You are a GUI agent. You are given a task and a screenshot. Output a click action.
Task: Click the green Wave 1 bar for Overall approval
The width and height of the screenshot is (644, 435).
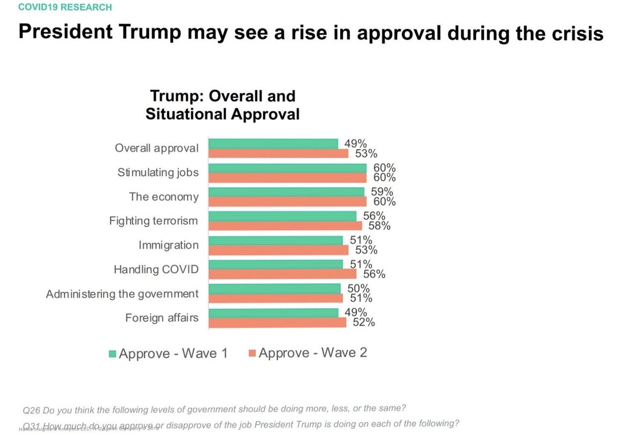pyautogui.click(x=273, y=144)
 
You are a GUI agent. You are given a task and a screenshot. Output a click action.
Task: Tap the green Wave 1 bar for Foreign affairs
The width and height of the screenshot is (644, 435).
pyautogui.click(x=273, y=313)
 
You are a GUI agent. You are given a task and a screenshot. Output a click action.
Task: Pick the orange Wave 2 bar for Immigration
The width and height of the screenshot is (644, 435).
pyautogui.click(x=279, y=250)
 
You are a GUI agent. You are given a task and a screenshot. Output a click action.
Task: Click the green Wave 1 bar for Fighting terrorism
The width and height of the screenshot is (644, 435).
pyautogui.click(x=282, y=216)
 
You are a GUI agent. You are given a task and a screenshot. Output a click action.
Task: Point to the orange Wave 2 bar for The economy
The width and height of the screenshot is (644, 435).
pyautogui.click(x=287, y=201)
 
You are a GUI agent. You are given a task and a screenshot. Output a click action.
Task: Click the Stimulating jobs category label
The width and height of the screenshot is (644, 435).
pyautogui.click(x=158, y=173)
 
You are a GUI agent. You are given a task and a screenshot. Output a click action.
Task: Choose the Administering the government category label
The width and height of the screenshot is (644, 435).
pyautogui.click(x=122, y=294)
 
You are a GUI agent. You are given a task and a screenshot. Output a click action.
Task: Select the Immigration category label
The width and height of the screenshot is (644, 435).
pyautogui.click(x=169, y=245)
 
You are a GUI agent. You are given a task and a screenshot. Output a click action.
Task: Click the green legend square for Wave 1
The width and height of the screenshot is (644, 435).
pyautogui.click(x=113, y=354)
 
